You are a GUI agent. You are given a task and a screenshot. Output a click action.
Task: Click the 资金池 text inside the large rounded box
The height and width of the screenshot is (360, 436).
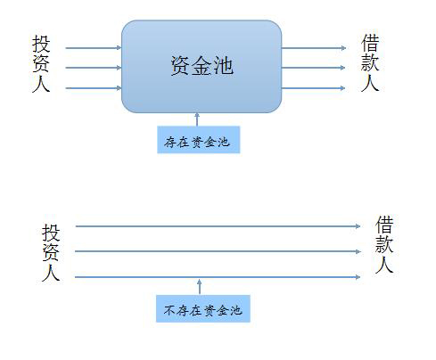pos(202,66)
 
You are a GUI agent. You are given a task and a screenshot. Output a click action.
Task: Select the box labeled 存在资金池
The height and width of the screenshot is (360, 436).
pos(199,140)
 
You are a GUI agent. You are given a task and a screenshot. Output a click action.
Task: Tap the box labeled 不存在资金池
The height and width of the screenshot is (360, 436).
pos(203,308)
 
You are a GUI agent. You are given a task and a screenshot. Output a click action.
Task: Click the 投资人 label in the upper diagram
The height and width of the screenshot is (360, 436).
pos(41,63)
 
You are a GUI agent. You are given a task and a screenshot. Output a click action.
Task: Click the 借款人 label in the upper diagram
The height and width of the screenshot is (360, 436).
pos(370,62)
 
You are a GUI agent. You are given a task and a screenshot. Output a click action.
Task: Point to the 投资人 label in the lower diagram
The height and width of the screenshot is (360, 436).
pos(51,252)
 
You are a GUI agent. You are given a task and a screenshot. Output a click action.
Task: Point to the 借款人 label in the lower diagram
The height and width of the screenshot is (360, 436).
pos(384,244)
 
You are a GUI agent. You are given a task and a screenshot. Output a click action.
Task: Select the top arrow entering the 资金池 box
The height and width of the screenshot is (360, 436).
pos(94,48)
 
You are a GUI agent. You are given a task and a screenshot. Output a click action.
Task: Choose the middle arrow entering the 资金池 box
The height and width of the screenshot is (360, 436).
pos(94,68)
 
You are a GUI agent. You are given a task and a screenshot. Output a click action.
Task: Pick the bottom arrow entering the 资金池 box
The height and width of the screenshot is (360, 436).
pos(94,88)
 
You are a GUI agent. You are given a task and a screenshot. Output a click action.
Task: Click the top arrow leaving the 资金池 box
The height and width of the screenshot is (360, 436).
pos(314,48)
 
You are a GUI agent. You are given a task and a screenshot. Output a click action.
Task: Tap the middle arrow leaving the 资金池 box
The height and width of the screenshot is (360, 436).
pos(313,68)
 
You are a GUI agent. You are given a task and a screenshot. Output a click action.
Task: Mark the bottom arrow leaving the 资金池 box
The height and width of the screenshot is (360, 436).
pos(313,88)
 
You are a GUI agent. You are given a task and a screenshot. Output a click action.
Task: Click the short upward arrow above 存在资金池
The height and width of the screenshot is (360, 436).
pos(197,119)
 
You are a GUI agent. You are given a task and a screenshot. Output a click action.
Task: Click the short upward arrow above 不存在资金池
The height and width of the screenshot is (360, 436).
pos(200,287)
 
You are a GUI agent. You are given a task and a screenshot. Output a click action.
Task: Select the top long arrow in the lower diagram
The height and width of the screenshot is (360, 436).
pos(218,226)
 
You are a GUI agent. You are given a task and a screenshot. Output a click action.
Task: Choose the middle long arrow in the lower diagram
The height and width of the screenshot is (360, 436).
pos(218,251)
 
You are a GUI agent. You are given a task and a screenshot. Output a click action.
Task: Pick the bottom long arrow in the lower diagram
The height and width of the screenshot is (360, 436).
pos(218,277)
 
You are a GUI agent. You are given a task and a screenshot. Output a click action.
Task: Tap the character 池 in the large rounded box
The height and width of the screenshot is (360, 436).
pos(224,66)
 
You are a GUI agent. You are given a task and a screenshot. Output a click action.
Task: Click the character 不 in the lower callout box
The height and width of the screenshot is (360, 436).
pos(169,310)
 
